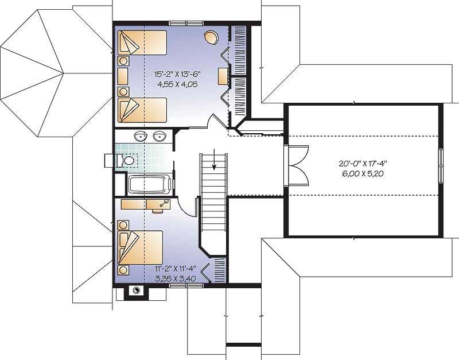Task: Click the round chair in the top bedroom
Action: point(211,37)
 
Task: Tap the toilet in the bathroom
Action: point(129,161)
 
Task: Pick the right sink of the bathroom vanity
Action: point(161,137)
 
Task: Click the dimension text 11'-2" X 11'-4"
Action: point(175,269)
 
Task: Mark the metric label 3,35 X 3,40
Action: point(175,278)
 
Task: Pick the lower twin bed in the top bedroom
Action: point(142,110)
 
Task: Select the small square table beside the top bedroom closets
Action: point(223,76)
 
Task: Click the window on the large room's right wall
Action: point(441,164)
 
